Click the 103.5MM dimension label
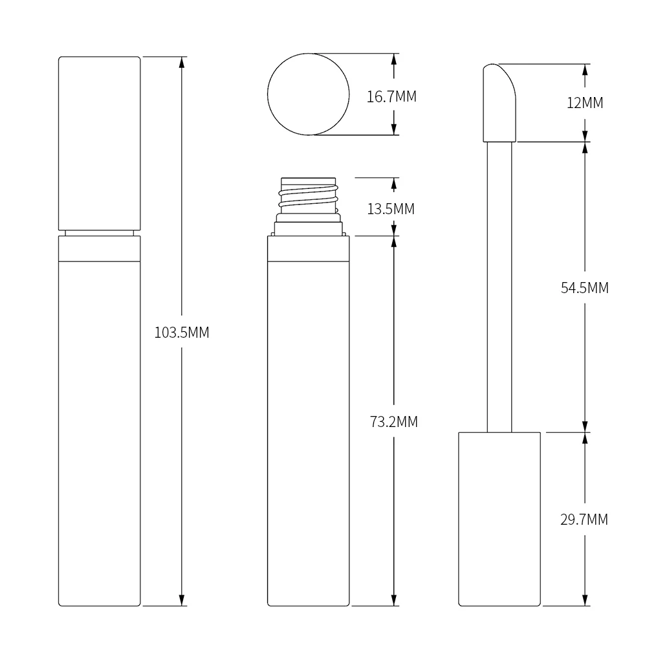pos(182,333)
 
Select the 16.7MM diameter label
pos(391,97)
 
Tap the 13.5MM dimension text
pos(391,209)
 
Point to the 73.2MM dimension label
pos(393,422)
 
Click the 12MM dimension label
pos(584,102)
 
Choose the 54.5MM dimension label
pos(584,288)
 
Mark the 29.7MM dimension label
pos(584,519)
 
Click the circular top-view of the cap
pos(309,94)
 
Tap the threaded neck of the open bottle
pos(309,197)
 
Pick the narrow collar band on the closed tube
pos(100,248)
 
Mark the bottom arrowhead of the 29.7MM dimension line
pos(586,600)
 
